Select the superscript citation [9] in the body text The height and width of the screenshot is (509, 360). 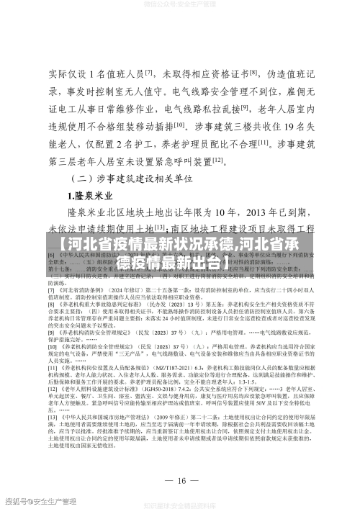click(x=245, y=108)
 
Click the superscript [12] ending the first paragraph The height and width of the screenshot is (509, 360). click(x=217, y=160)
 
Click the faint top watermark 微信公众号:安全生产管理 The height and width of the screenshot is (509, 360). click(x=180, y=5)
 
